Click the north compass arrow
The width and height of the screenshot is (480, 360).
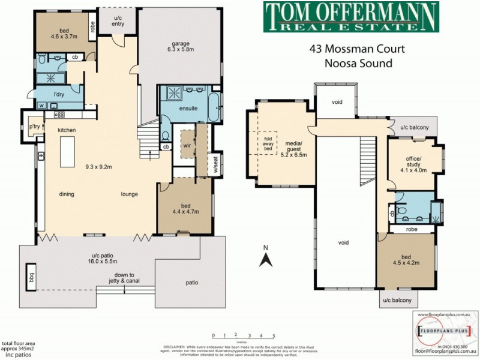tap(266, 258)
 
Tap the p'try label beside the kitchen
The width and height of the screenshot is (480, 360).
tap(34, 127)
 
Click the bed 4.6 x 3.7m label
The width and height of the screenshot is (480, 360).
tap(63, 34)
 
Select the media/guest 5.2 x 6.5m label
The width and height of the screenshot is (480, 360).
tap(294, 151)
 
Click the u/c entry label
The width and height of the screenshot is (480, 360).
tap(118, 21)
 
